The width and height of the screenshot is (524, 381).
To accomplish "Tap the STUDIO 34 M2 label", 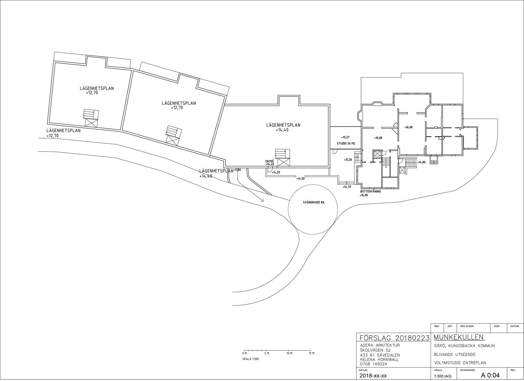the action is point(346,143).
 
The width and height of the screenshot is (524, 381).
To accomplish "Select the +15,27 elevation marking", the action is point(345,137).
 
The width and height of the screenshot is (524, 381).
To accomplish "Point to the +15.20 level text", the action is point(348,160).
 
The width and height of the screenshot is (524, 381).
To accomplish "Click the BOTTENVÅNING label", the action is point(370,191).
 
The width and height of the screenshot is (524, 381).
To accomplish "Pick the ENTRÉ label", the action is point(270,161).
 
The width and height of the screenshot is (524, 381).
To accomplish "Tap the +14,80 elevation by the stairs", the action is point(421,162).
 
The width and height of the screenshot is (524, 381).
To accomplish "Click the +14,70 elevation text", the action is point(347,187).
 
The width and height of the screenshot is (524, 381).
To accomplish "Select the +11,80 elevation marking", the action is point(237,170).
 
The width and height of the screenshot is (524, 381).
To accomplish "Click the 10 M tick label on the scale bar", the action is point(289,353).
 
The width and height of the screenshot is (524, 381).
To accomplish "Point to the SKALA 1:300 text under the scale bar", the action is point(250,359).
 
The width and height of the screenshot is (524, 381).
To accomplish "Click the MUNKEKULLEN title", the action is point(458,337).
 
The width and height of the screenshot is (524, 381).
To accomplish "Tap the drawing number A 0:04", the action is point(490,375).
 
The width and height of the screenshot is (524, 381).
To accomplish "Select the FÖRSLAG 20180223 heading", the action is point(393,338).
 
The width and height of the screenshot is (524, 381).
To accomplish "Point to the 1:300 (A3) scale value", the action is point(443,376).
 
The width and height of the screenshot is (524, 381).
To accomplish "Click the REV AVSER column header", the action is point(467,326).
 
